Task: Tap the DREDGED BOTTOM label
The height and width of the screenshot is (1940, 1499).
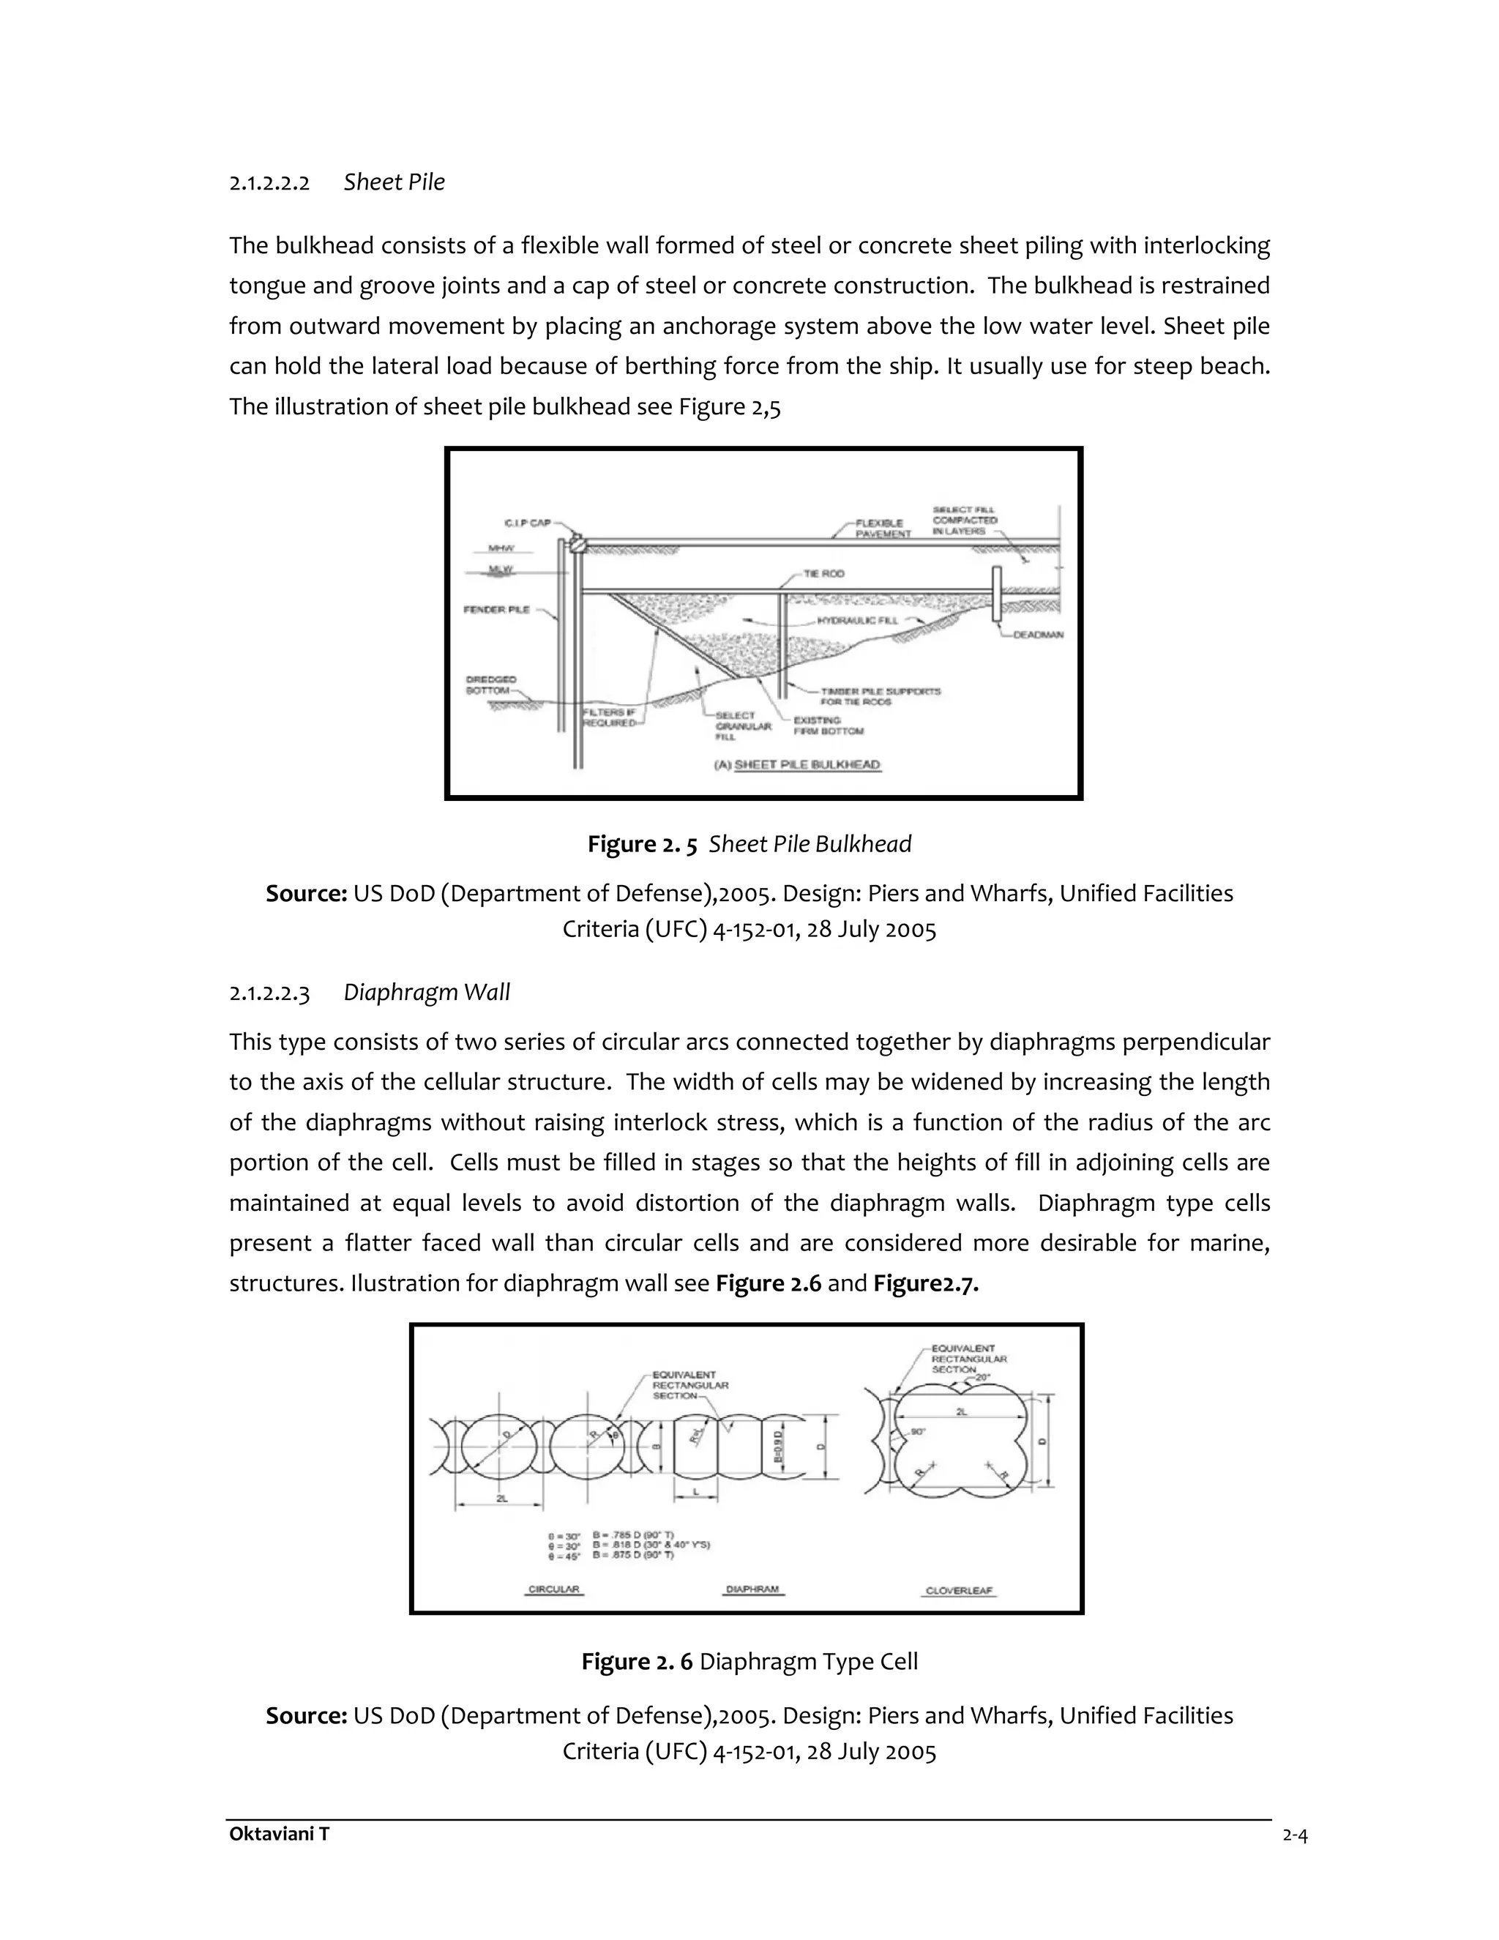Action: (x=490, y=685)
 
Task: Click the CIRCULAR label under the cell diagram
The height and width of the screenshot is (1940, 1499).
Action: (x=553, y=1589)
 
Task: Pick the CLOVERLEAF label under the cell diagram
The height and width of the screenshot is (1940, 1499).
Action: (x=959, y=1590)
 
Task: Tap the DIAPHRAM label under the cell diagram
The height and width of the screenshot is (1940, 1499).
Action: (x=753, y=1589)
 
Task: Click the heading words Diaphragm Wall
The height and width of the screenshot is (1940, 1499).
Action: (x=426, y=992)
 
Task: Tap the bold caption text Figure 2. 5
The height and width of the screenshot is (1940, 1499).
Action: (x=641, y=844)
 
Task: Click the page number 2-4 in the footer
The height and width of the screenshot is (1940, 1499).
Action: (x=1295, y=1836)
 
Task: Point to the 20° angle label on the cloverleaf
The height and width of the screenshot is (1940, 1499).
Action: (x=982, y=1378)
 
